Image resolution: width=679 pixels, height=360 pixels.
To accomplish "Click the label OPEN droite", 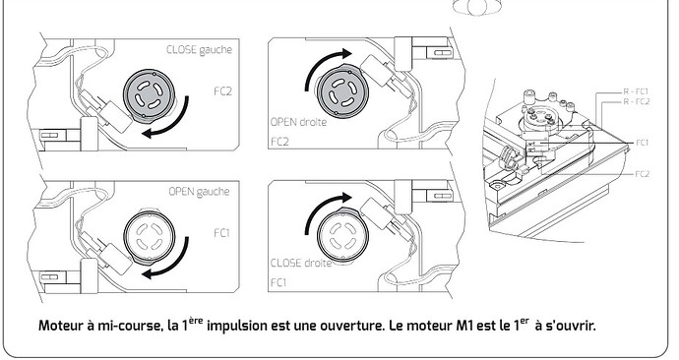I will (x=298, y=124).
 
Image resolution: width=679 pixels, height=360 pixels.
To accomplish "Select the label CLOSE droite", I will (x=300, y=263).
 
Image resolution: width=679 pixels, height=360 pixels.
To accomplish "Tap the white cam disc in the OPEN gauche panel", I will (x=149, y=235).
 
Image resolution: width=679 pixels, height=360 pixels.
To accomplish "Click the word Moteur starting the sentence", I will (x=65, y=326).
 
